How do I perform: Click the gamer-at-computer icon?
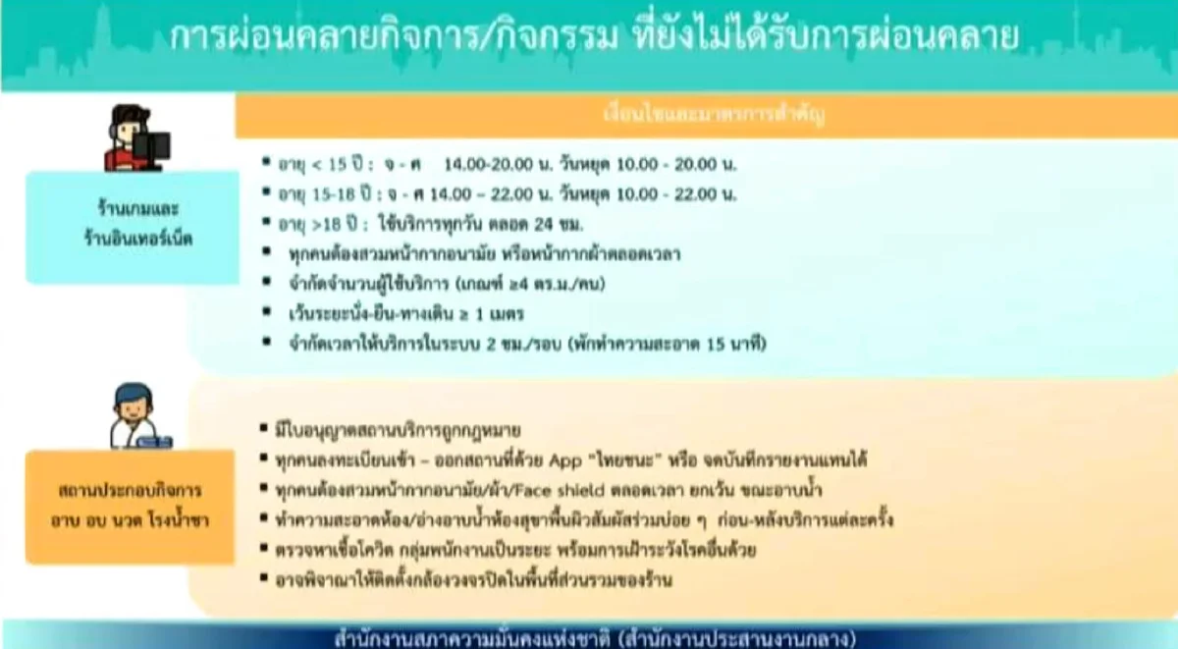click(136, 137)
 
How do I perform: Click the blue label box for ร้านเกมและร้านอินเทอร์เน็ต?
click(132, 227)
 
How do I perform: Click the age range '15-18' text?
click(331, 193)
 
